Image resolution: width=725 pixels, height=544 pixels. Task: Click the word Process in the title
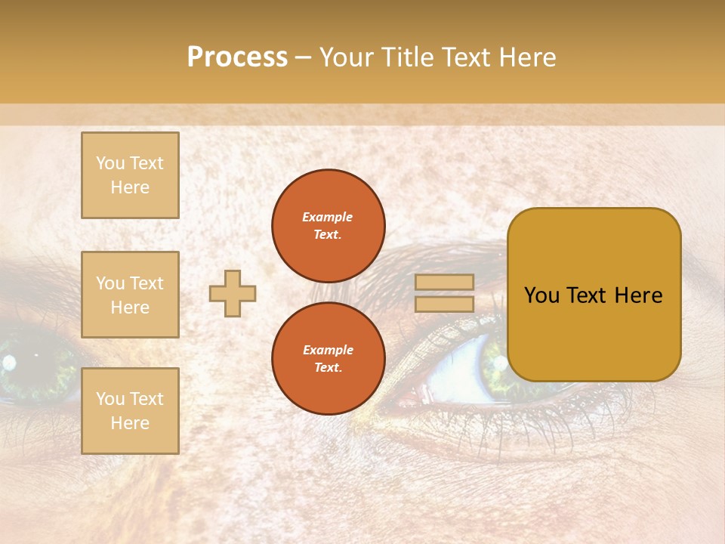coord(237,57)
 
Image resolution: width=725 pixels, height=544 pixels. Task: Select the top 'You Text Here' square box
coord(130,175)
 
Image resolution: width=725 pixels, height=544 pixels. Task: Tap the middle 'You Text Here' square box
coord(130,295)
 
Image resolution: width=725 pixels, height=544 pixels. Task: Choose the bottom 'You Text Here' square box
coord(130,411)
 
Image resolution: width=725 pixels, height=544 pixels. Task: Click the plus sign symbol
coord(233,293)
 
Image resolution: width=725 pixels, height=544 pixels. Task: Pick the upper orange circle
coord(328,226)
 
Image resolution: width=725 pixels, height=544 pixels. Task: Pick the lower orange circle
coord(328,359)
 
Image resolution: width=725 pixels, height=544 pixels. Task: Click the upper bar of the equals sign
coord(445,282)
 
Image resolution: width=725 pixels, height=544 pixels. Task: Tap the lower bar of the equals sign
coord(445,304)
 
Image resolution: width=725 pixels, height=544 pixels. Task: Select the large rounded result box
coord(594,295)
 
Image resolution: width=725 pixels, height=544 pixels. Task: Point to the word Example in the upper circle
coord(328,217)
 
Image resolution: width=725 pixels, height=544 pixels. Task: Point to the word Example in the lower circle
coord(328,350)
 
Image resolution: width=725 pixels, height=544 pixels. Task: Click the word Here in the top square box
coord(130,187)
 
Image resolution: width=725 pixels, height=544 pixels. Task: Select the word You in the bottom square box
coord(110,399)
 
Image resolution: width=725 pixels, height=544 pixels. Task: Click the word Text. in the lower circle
coord(328,368)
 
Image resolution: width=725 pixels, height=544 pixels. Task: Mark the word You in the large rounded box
coord(541,295)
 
